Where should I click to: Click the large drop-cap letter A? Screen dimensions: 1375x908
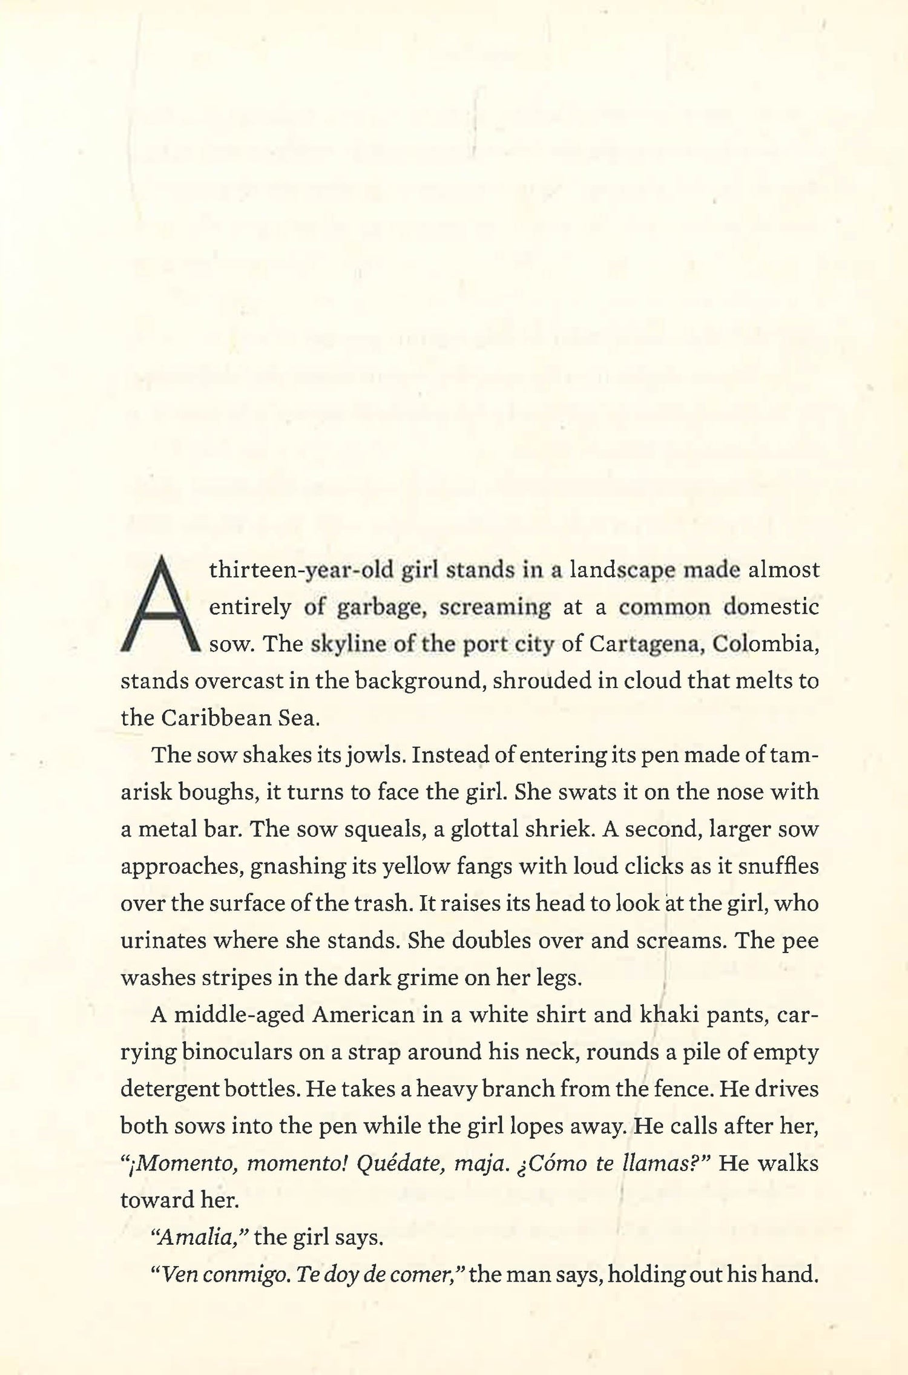click(x=160, y=605)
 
